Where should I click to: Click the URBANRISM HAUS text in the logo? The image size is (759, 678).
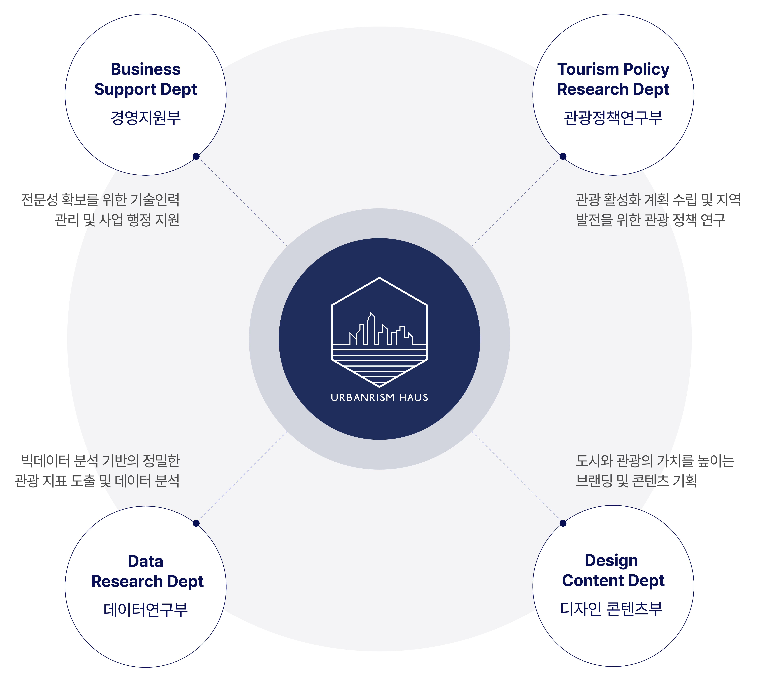click(379, 398)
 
